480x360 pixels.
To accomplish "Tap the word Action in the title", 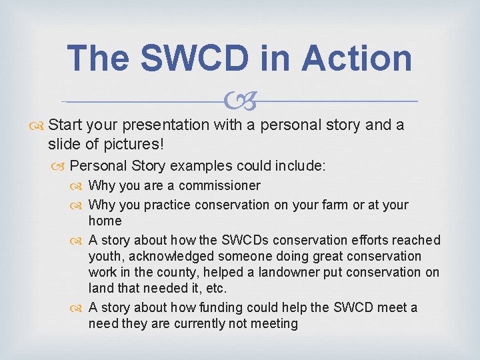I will point(357,59).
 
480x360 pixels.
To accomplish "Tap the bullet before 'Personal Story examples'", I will point(61,166).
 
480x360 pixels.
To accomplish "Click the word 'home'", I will point(105,221).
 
